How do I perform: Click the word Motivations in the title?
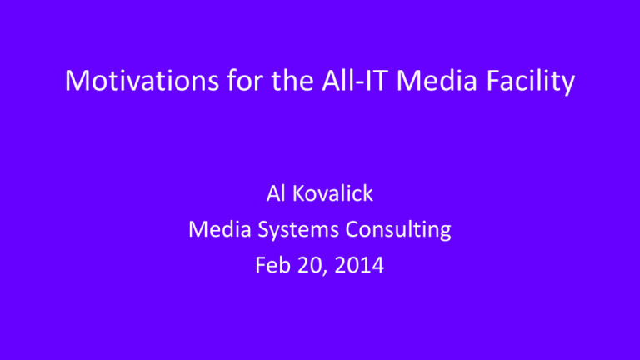[x=142, y=80]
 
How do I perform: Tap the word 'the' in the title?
[x=292, y=80]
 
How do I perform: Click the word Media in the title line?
[x=437, y=80]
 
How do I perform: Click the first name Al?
[x=276, y=193]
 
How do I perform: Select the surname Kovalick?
[x=333, y=193]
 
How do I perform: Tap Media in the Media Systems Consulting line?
[x=220, y=229]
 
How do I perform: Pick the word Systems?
[x=298, y=231]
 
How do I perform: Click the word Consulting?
[x=398, y=231]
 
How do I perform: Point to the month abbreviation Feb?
[x=272, y=265]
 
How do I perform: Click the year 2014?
[x=359, y=265]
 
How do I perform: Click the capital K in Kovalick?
[x=300, y=193]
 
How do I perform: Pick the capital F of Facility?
[x=493, y=80]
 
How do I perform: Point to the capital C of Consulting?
[x=353, y=229]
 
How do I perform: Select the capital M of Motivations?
[x=77, y=80]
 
